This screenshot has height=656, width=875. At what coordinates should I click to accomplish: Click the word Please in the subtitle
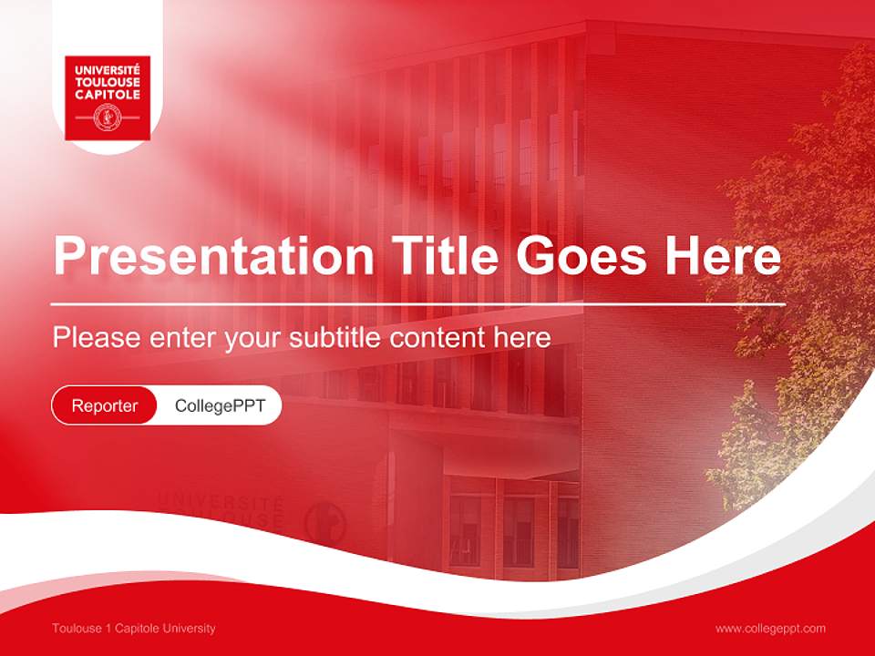click(97, 338)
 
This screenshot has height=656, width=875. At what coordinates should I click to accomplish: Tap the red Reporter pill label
click(104, 405)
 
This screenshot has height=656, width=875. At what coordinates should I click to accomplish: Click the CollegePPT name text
click(220, 405)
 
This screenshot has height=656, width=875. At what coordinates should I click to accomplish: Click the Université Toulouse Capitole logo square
click(108, 98)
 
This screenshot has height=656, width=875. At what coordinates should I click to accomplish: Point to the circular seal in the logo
click(108, 118)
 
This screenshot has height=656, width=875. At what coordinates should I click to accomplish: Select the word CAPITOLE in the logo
click(108, 94)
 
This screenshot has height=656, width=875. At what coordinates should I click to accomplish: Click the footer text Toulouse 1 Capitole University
click(134, 629)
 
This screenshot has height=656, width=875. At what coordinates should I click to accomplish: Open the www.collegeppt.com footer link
click(770, 629)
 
